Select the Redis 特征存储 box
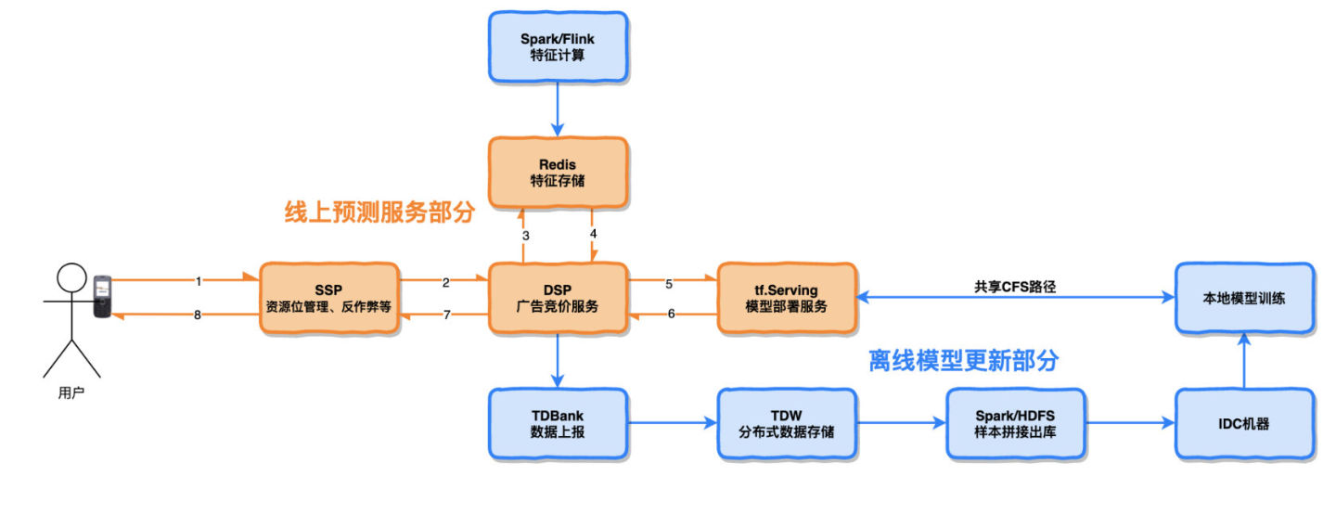pos(558,172)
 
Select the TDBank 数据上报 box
pos(558,424)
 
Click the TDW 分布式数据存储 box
pos(787,424)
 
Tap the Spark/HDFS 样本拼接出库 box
pos(1015,424)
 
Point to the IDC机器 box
pos(1244,424)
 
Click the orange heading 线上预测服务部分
pos(379,213)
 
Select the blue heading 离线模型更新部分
pos(963,360)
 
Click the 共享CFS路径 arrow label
pos(1015,287)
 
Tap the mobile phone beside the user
pos(102,296)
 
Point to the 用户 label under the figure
pos(71,393)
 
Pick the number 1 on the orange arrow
pos(198,279)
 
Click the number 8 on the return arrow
pos(198,315)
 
